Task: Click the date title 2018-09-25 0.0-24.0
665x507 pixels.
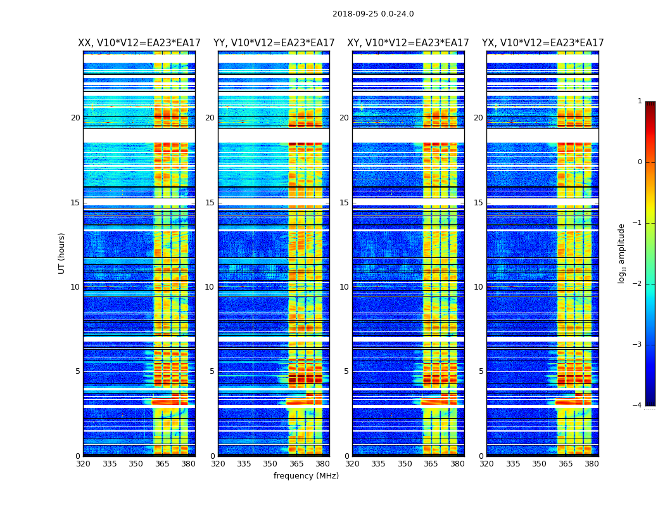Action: (373, 14)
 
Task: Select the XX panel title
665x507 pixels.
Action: (139, 43)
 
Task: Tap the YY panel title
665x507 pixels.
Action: (274, 43)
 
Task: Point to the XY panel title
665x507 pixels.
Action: (408, 43)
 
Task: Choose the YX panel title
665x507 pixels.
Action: (543, 43)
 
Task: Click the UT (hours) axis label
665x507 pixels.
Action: (62, 253)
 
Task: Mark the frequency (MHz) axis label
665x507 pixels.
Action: (306, 476)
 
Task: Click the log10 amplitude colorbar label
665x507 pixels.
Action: (622, 253)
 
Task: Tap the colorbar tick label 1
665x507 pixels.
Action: (640, 101)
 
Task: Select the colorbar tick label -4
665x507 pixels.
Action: (638, 406)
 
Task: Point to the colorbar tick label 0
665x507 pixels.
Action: (640, 162)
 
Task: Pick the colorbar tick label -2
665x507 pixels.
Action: (638, 284)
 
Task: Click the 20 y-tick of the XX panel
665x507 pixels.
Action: (75, 118)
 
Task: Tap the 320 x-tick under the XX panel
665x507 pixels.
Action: (83, 464)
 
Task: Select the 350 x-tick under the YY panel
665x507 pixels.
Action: (270, 464)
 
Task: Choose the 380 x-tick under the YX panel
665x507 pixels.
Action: (592, 464)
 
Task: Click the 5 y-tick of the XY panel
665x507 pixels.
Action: (346, 371)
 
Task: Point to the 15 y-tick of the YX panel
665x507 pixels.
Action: (479, 203)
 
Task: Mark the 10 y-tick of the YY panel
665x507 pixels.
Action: (210, 287)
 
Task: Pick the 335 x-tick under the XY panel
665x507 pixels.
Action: (379, 464)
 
